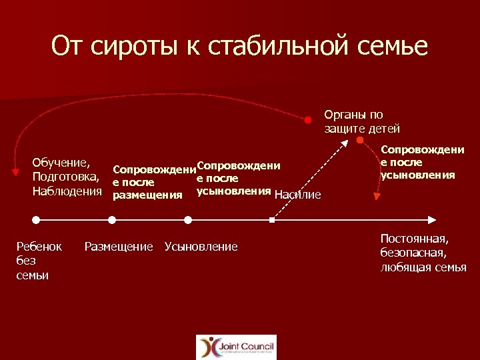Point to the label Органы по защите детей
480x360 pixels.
click(x=362, y=121)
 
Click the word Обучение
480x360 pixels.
click(x=62, y=162)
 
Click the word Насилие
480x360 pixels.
click(x=298, y=195)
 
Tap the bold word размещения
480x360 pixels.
click(x=147, y=195)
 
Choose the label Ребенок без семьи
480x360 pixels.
click(x=39, y=261)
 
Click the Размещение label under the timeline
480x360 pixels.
click(x=119, y=247)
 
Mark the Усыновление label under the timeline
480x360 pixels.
click(x=201, y=247)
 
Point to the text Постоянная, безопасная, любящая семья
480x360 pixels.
click(x=423, y=253)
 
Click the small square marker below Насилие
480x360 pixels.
click(x=272, y=219)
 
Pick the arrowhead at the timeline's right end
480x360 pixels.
click(x=431, y=219)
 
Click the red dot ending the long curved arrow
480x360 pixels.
click(x=308, y=120)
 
